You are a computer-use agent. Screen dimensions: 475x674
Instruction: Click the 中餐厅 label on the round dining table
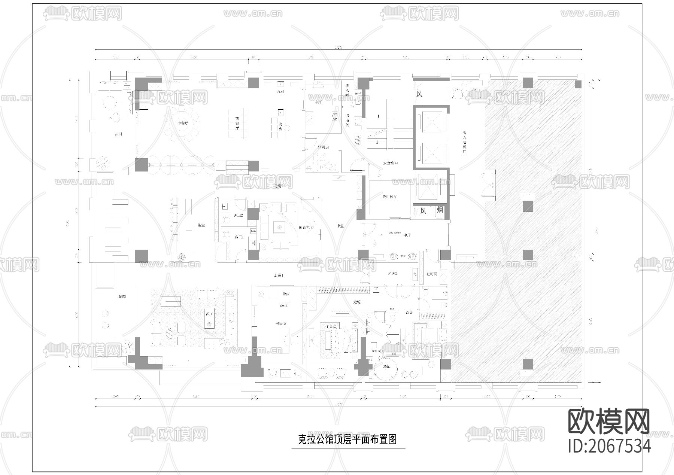[x=182, y=123]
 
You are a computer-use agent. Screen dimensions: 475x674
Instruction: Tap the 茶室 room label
[x=201, y=225]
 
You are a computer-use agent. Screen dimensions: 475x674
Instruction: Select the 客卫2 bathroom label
[x=239, y=216]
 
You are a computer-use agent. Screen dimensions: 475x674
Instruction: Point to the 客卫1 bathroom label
[x=239, y=237]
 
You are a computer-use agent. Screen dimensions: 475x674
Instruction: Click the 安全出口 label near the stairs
[x=391, y=163]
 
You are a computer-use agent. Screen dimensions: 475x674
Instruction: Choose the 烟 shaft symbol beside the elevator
[x=440, y=210]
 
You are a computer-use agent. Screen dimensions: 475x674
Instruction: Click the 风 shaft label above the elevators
[x=419, y=94]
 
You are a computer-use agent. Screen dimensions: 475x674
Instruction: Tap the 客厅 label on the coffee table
[x=209, y=314]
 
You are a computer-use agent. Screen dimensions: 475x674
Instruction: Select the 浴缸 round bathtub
[x=386, y=366]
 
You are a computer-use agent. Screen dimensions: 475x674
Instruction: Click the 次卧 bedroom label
[x=409, y=312]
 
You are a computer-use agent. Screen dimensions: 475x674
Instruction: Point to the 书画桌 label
[x=281, y=323]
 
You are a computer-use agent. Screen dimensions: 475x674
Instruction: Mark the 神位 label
[x=286, y=294]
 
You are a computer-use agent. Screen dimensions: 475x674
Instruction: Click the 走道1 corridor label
[x=279, y=275]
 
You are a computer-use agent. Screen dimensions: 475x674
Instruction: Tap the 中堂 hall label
[x=340, y=226]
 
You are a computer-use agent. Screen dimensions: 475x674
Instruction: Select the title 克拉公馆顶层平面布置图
[x=347, y=439]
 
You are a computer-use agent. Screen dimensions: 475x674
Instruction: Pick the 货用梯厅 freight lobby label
[x=389, y=197]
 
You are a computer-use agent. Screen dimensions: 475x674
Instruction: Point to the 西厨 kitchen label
[x=280, y=92]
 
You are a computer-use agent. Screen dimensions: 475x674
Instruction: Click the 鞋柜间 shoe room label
[x=432, y=274]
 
